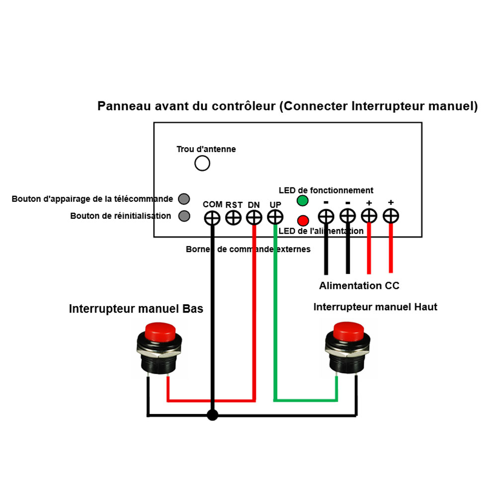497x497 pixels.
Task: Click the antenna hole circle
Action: [x=202, y=163]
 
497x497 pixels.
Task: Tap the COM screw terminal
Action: [x=212, y=218]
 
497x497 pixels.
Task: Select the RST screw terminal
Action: [x=233, y=218]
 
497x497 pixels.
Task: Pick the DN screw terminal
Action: [x=254, y=218]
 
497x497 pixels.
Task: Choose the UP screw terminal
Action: [x=275, y=217]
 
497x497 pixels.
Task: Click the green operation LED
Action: [x=302, y=201]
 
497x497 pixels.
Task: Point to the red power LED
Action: [x=302, y=220]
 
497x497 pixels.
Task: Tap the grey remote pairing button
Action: [x=184, y=199]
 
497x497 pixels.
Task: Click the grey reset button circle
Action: [x=184, y=216]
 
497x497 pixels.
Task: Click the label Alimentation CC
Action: [x=359, y=286]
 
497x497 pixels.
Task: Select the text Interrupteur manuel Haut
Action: [x=375, y=307]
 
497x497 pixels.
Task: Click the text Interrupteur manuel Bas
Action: [x=136, y=309]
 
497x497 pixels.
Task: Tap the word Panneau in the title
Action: [x=121, y=106]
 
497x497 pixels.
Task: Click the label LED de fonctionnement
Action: [x=326, y=190]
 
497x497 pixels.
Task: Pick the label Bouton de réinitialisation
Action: [x=121, y=216]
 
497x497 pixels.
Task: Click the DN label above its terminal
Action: [x=253, y=205]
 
